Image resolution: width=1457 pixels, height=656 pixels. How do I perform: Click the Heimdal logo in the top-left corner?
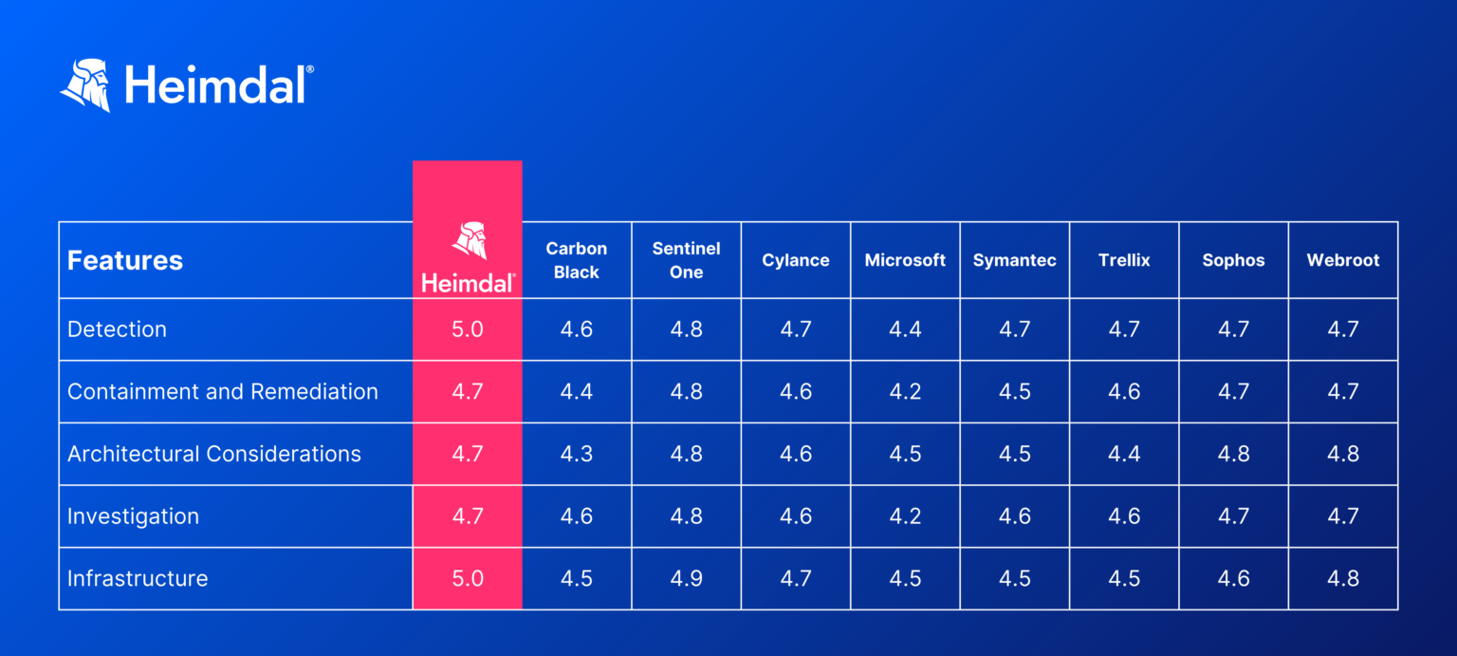click(186, 85)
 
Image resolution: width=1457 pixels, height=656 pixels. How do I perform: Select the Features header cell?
click(125, 261)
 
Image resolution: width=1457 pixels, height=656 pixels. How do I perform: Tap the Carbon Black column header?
click(577, 260)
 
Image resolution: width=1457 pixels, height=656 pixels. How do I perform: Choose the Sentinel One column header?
click(686, 260)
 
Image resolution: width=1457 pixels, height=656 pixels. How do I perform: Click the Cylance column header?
click(796, 260)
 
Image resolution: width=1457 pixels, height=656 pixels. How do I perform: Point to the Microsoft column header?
click(905, 260)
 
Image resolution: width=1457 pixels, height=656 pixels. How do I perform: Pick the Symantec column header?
click(1014, 260)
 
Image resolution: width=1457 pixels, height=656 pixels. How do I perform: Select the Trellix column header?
click(1124, 260)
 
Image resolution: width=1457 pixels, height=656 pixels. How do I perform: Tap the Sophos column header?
click(1233, 260)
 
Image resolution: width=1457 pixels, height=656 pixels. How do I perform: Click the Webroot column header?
click(1343, 260)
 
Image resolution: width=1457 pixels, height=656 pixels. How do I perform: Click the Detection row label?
click(117, 329)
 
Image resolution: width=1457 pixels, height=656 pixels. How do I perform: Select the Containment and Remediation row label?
click(223, 391)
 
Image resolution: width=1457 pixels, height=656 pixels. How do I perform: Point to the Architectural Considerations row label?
click(214, 454)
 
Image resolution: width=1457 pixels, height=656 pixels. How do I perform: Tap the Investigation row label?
click(133, 516)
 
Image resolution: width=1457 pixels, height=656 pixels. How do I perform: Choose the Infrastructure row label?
click(138, 578)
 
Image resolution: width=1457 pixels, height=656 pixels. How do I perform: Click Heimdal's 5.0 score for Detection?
click(468, 329)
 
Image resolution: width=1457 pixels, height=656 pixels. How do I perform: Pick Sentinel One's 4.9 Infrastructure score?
click(686, 578)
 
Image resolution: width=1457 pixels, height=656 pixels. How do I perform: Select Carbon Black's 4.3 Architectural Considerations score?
click(577, 454)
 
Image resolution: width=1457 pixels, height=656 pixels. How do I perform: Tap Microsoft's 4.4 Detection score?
click(905, 329)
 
